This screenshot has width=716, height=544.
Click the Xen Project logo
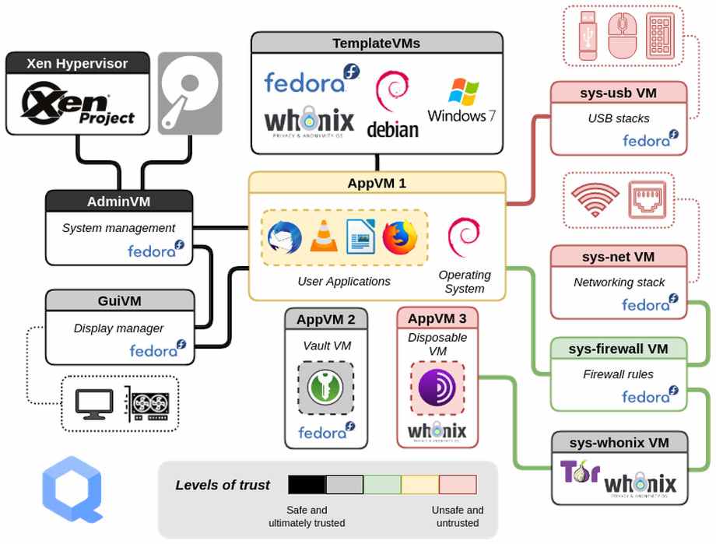click(x=78, y=105)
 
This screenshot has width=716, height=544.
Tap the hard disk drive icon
click(x=190, y=93)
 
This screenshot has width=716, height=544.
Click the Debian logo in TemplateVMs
click(x=392, y=104)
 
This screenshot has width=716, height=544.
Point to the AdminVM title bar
click(x=118, y=202)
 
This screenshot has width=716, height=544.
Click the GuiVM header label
click(x=119, y=301)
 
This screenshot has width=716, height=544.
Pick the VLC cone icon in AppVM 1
click(x=324, y=237)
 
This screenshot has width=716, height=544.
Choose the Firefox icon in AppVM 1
click(x=400, y=237)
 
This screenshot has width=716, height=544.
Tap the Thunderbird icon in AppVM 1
click(x=284, y=237)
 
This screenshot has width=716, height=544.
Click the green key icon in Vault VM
click(x=325, y=387)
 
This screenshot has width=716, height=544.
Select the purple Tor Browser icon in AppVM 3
click(x=437, y=387)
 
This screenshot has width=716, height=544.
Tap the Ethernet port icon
click(x=648, y=200)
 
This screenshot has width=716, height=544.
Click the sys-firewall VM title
click(x=619, y=348)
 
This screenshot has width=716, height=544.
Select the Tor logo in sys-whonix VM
click(x=579, y=472)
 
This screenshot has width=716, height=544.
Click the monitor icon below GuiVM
click(x=94, y=403)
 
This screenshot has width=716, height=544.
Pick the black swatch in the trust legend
click(x=307, y=485)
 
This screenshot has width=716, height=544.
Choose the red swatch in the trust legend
click(x=458, y=485)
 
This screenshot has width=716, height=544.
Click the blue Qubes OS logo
click(x=72, y=489)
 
